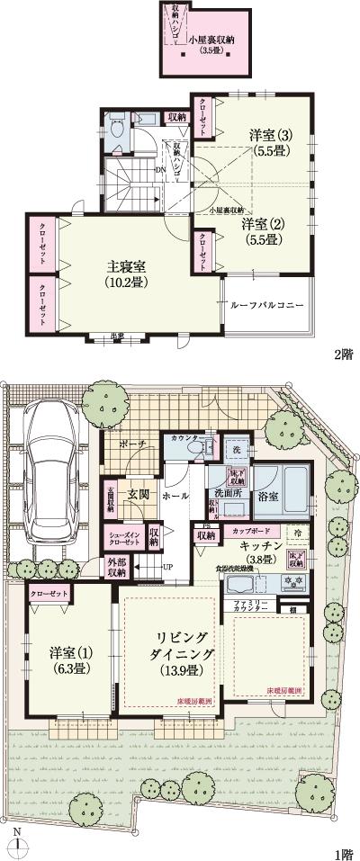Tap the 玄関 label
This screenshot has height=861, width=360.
tap(138, 495)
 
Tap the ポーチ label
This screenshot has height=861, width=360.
tap(132, 444)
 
